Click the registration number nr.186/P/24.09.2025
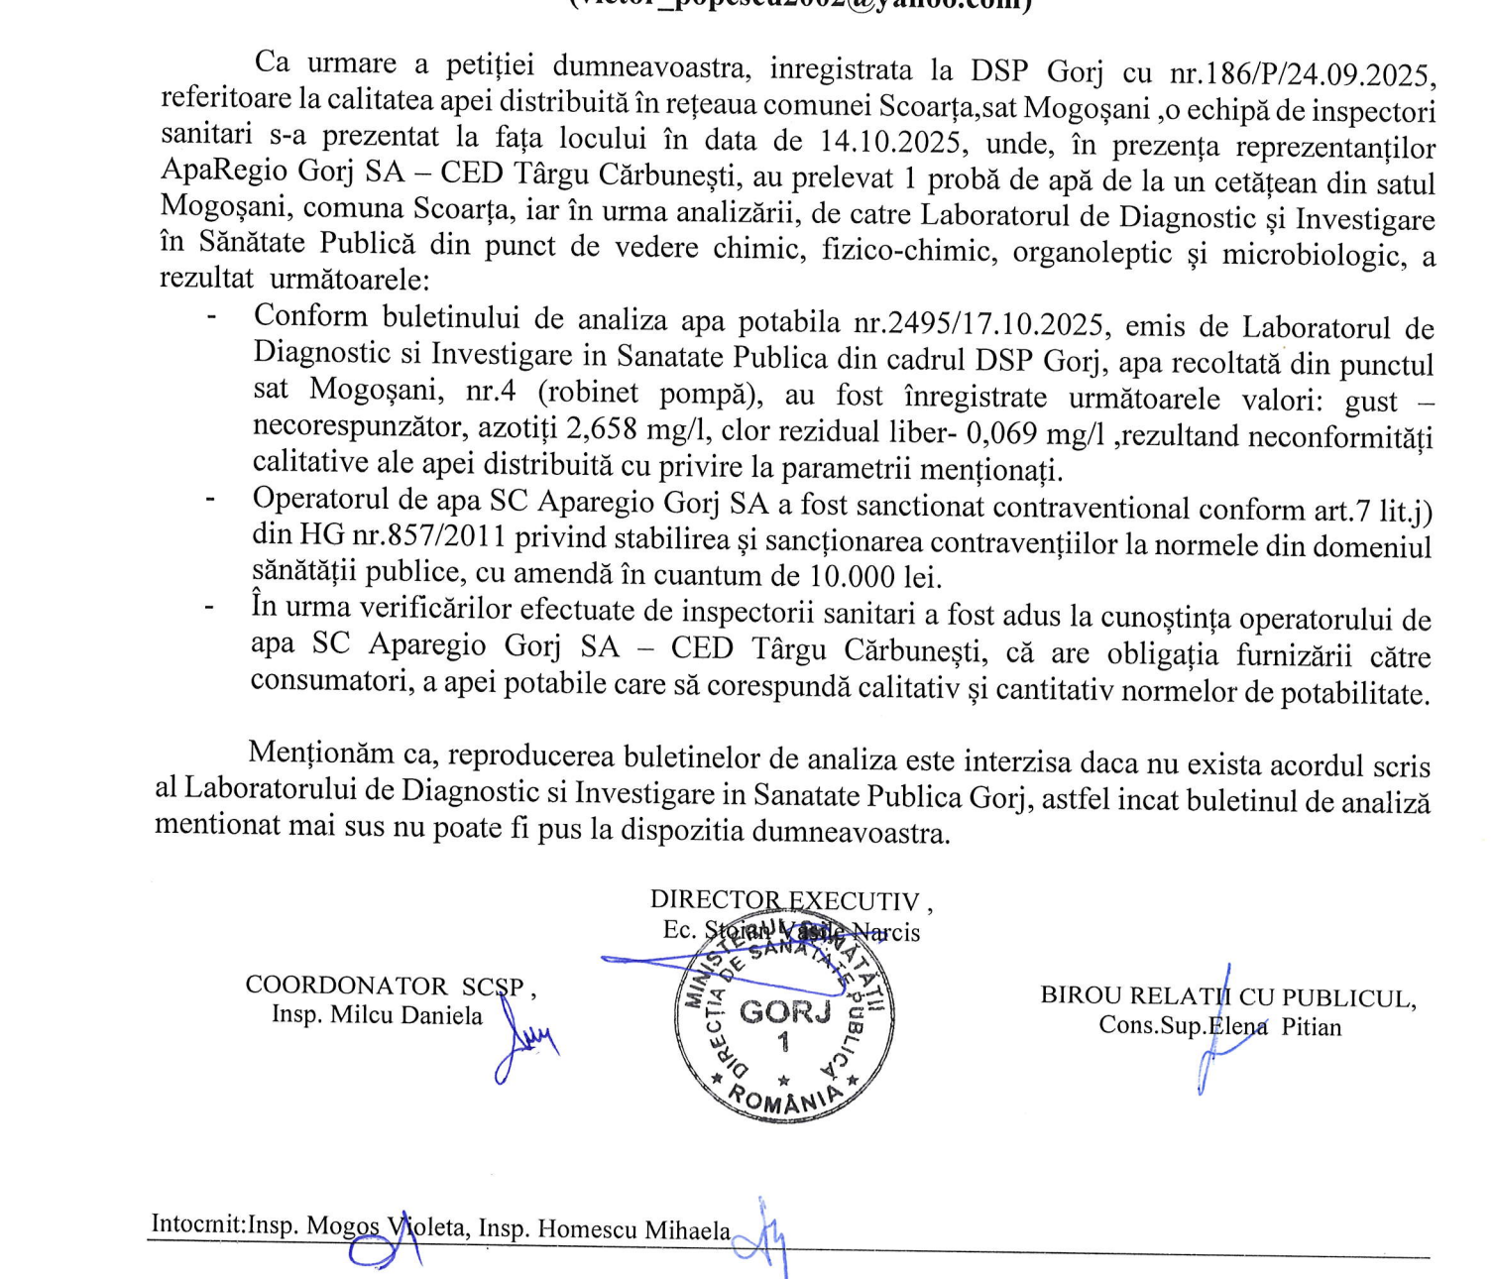click(1302, 74)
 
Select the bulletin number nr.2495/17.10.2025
click(980, 323)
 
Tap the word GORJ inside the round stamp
click(784, 1012)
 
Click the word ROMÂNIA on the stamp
click(784, 1100)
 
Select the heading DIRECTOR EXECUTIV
click(784, 900)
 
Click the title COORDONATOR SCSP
click(386, 986)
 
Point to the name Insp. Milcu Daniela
click(377, 1015)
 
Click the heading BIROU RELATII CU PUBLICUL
click(1227, 997)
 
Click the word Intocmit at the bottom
click(197, 1224)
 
